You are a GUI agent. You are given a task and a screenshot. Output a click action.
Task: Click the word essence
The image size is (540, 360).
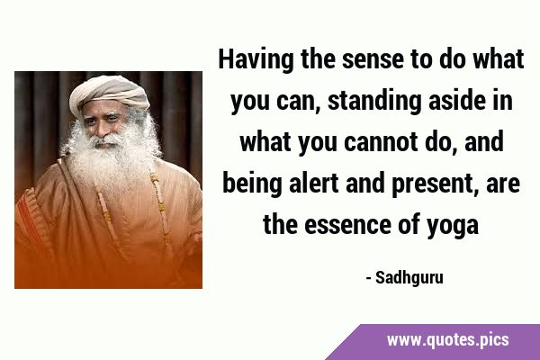pos(347,225)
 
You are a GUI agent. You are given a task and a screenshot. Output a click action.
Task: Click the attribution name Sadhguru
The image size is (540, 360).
pos(409,278)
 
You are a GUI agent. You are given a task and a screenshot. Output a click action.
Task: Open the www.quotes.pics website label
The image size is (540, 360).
pos(447,340)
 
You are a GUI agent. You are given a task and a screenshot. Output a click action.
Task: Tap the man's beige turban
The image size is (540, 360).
pos(109,93)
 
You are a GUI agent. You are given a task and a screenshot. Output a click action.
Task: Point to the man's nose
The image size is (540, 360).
pos(103,130)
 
